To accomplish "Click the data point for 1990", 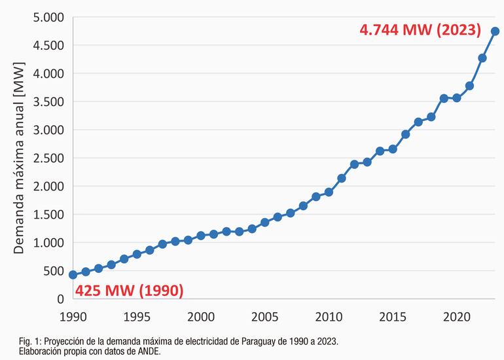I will (73, 275).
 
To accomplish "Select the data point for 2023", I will (495, 31).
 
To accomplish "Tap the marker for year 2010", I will (329, 192).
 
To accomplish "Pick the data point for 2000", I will (201, 235).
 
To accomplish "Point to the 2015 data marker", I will (393, 149).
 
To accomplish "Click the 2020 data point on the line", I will (457, 98).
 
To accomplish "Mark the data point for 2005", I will (265, 222).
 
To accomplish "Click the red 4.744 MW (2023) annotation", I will (420, 30).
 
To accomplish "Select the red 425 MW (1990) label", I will (128, 289).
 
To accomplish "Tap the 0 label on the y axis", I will (60, 298).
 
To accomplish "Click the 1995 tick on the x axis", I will (137, 316).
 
